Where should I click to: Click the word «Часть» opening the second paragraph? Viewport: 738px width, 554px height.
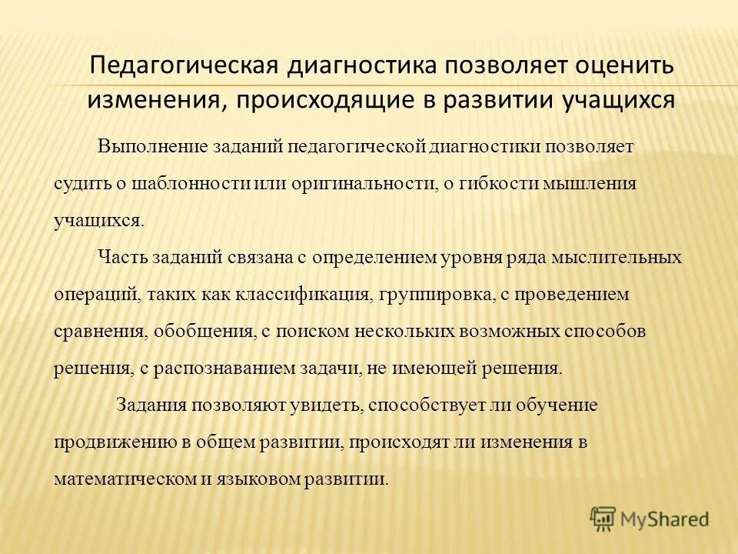pyautogui.click(x=122, y=257)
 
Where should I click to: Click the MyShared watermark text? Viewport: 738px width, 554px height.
pyautogui.click(x=665, y=519)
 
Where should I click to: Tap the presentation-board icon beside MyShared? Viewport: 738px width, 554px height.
pyautogui.click(x=603, y=519)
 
